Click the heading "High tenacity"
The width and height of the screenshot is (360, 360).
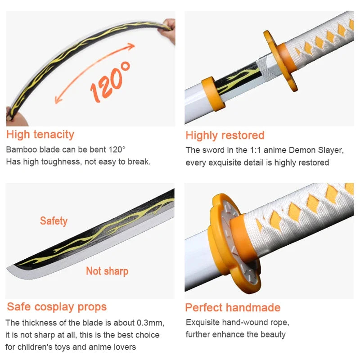coord(40,134)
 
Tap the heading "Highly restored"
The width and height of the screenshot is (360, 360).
coord(225,135)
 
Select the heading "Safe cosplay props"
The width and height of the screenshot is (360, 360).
coord(57,307)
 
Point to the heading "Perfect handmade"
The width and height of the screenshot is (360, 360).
coord(233,308)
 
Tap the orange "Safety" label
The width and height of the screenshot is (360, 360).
coord(54,221)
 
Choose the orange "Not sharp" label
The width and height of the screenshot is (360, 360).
coord(107,271)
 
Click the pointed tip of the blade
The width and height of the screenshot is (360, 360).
coord(10,269)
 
